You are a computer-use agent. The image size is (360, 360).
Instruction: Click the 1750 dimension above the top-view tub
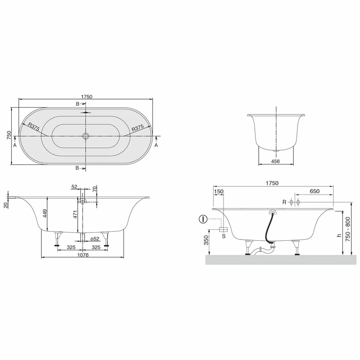pos(86,96)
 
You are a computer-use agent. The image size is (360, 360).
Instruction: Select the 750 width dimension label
pos(9,135)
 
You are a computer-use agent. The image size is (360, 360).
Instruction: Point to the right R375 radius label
pos(138,128)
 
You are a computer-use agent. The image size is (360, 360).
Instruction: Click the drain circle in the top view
pos(86,136)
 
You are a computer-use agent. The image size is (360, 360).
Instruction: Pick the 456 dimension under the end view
pos(275,161)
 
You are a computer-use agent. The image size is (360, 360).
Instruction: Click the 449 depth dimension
pos(45,213)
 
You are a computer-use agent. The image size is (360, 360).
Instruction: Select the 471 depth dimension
pos(75,215)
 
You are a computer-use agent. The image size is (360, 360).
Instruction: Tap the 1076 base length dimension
pos(83,255)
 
